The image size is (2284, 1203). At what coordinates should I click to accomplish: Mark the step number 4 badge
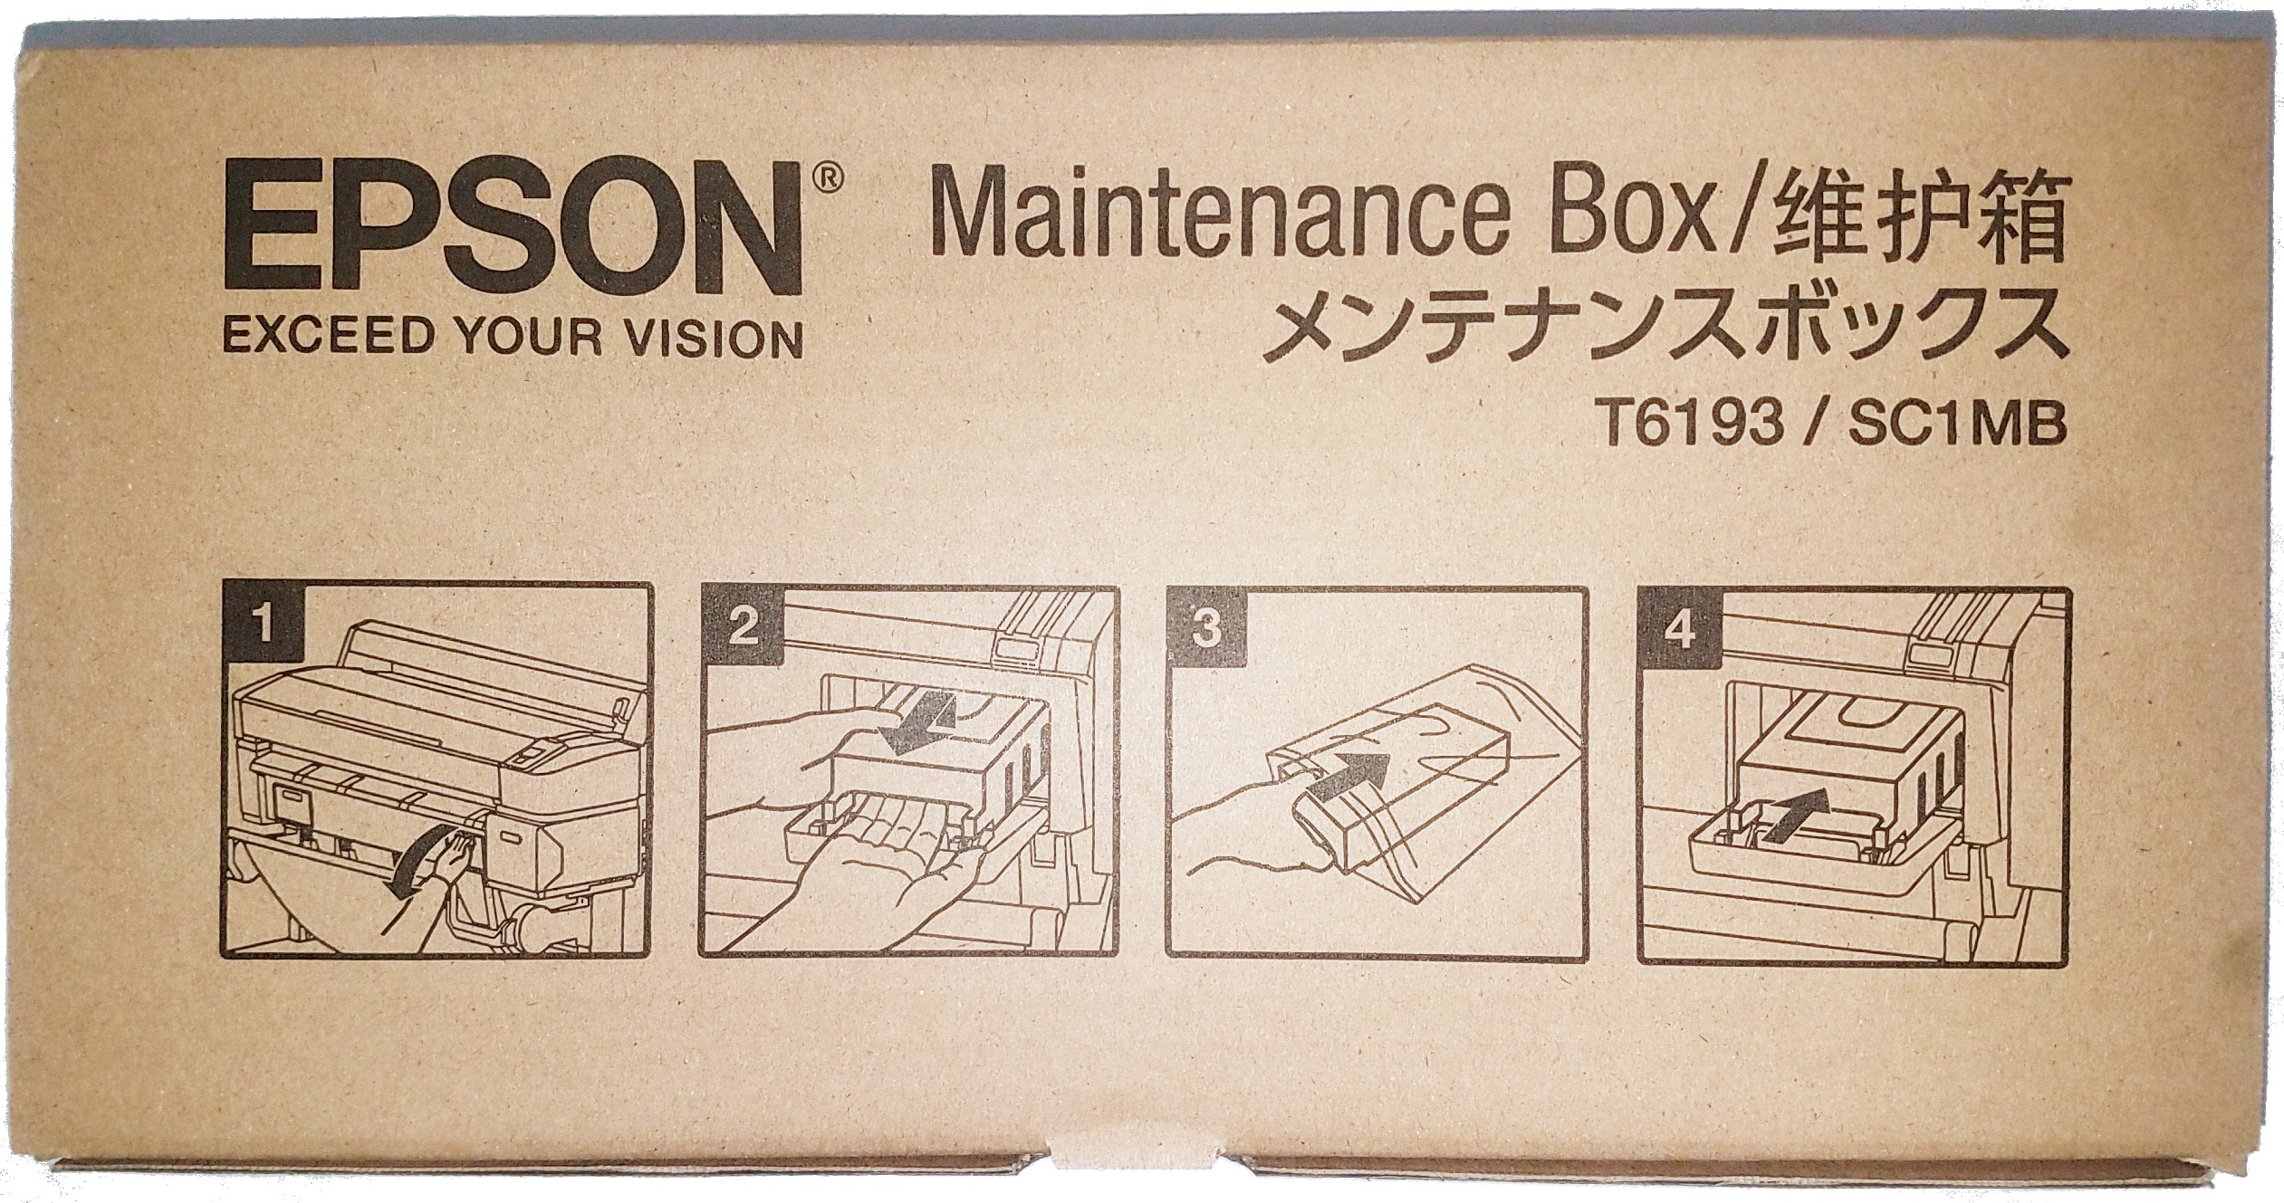1680,631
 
